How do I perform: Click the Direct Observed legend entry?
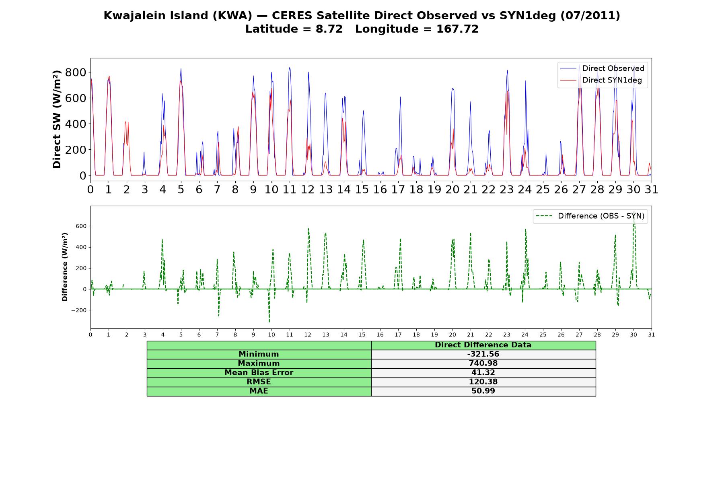point(602,68)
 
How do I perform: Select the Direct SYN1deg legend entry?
point(601,80)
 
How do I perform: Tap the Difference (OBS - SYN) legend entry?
point(590,216)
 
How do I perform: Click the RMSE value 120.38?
point(483,382)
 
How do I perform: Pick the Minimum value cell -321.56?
point(483,354)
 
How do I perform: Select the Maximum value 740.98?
point(483,363)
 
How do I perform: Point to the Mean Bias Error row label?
point(259,373)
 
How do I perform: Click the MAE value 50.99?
point(483,391)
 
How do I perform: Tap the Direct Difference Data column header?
point(483,345)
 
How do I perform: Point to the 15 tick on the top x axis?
point(362,190)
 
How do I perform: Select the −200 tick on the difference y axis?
point(79,310)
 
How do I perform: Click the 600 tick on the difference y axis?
point(81,226)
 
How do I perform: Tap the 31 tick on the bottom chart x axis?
point(652,335)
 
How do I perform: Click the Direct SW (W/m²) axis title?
point(57,119)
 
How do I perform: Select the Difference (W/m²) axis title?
point(65,267)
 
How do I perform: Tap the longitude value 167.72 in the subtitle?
point(457,29)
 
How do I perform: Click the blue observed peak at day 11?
point(290,68)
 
